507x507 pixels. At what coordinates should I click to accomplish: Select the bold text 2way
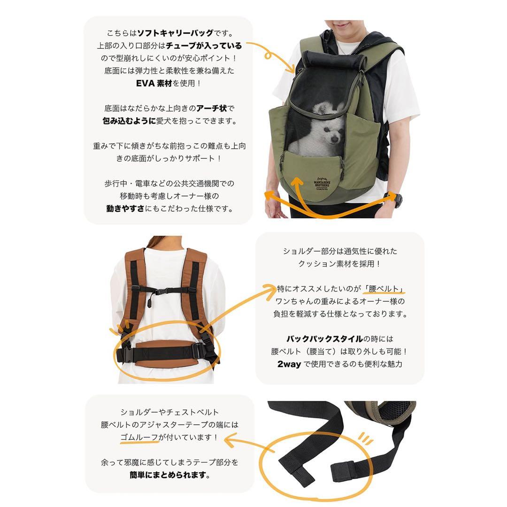tap(288, 364)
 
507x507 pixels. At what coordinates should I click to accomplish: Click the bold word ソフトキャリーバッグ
tap(177, 34)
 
